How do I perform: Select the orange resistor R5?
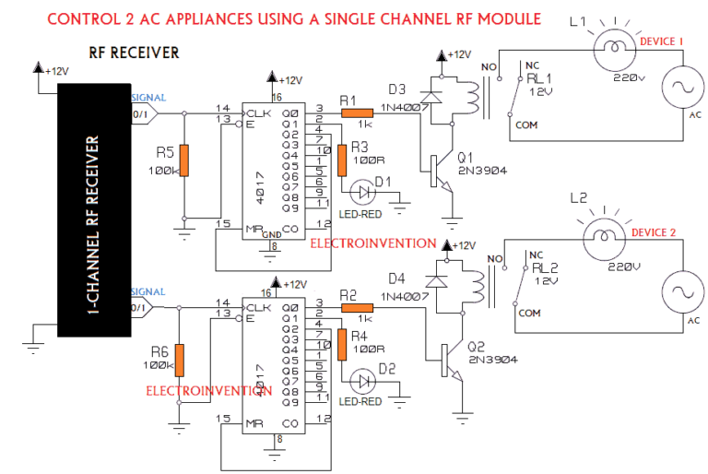tap(184, 160)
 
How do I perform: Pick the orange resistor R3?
tap(343, 160)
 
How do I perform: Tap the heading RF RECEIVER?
tap(135, 53)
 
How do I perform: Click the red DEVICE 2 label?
tap(660, 232)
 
